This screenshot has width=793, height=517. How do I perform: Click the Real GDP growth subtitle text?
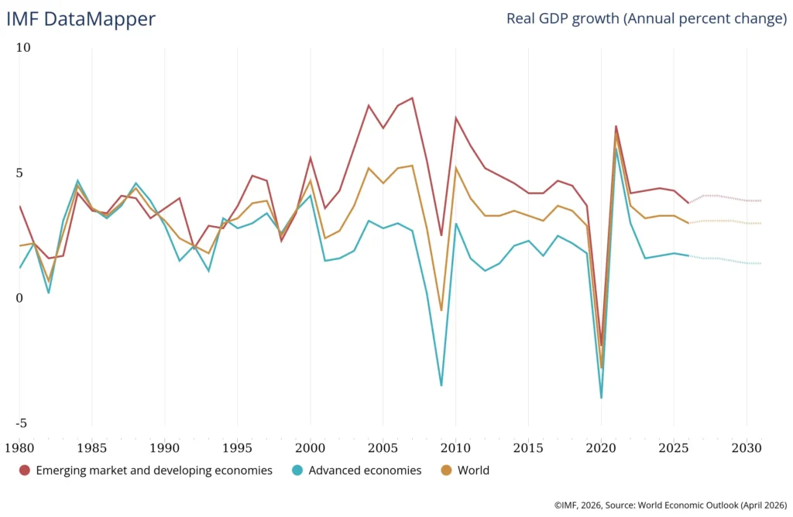pyautogui.click(x=646, y=19)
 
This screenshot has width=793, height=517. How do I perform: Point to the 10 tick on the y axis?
pyautogui.click(x=23, y=48)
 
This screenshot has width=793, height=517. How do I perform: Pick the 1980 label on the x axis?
pyautogui.click(x=19, y=447)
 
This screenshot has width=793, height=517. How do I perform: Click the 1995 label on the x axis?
pyautogui.click(x=238, y=447)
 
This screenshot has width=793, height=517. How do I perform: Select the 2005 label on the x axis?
pyautogui.click(x=383, y=447)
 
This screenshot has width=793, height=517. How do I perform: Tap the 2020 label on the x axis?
pyautogui.click(x=601, y=447)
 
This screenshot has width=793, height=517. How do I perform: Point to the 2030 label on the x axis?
pyautogui.click(x=747, y=447)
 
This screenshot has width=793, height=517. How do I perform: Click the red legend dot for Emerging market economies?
pyautogui.click(x=25, y=471)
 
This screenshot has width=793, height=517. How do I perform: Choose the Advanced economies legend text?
pyautogui.click(x=365, y=471)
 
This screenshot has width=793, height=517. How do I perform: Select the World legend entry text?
pyautogui.click(x=473, y=471)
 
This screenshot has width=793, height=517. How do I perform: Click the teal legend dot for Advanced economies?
pyautogui.click(x=297, y=471)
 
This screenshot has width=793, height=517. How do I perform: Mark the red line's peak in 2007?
pyautogui.click(x=412, y=98)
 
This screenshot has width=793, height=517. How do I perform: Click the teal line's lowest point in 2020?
pyautogui.click(x=601, y=398)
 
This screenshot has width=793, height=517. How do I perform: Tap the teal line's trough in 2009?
pyautogui.click(x=441, y=385)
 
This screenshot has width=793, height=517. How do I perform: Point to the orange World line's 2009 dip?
pyautogui.click(x=441, y=310)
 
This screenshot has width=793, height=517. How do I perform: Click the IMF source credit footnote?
pyautogui.click(x=670, y=505)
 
